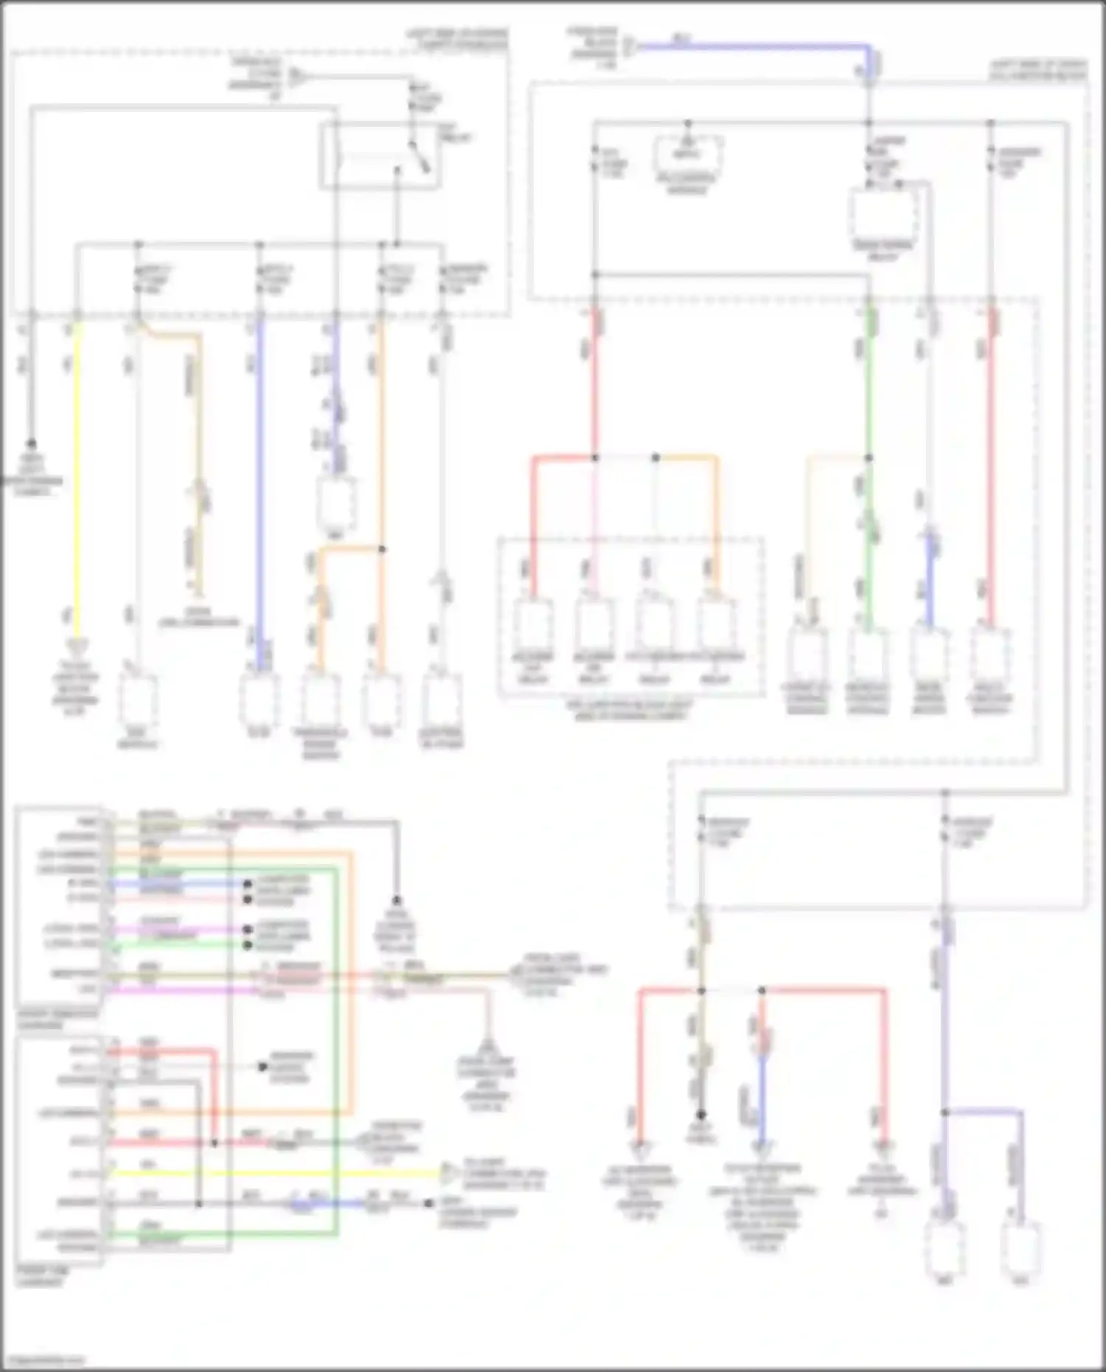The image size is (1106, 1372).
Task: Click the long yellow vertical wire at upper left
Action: click(77, 479)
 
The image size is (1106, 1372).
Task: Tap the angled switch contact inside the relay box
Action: click(420, 157)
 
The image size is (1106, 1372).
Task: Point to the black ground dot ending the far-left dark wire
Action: click(31, 444)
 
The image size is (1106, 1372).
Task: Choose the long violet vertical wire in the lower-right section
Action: click(945, 1032)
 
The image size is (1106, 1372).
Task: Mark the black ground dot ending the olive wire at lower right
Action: click(701, 1115)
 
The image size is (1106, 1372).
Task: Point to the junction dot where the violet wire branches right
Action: click(945, 1111)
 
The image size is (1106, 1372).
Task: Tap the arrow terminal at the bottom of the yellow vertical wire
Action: click(76, 647)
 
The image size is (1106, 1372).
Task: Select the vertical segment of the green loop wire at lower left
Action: click(336, 1047)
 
